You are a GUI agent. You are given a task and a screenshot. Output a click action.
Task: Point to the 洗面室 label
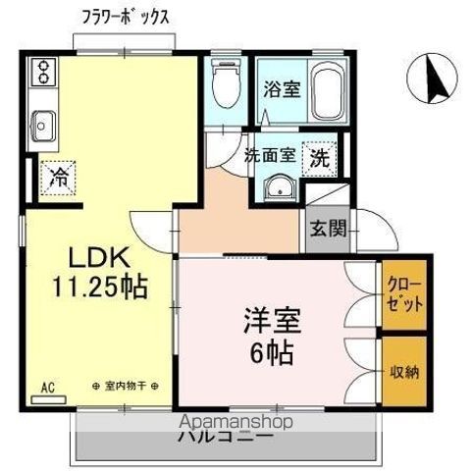click(270, 154)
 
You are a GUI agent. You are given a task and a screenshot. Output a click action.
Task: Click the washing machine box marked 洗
click(320, 155)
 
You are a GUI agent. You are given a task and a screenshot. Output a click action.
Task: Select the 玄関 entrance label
click(328, 229)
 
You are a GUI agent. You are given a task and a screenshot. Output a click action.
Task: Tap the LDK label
click(97, 258)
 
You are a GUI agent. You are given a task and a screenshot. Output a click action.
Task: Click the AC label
click(46, 388)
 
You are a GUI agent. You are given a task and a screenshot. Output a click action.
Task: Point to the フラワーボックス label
click(128, 18)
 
